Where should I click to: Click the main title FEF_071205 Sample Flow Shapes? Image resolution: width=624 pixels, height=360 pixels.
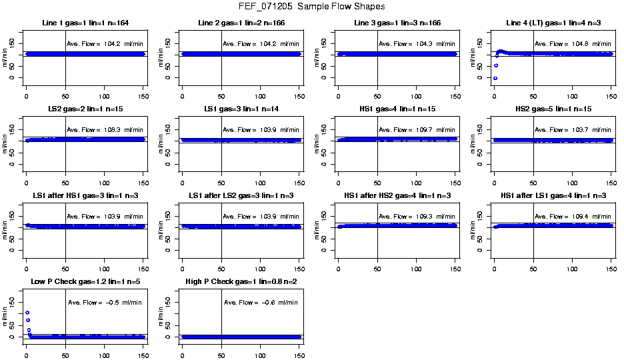pos(311,7)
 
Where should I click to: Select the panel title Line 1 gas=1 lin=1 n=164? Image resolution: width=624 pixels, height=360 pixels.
pos(85,23)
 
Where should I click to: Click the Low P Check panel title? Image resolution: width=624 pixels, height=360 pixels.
pos(85,282)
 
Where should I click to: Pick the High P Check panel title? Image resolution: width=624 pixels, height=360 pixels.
pos(241,282)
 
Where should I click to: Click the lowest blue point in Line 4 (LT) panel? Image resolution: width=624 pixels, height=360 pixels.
pos(495,78)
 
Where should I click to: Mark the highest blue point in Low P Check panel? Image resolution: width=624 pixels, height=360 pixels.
pos(27,313)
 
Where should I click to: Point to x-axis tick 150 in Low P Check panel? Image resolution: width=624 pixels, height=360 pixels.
pos(143,348)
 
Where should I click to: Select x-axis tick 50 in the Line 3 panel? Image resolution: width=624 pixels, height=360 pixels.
pos(377,89)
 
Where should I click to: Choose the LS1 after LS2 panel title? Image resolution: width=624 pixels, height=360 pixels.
pos(241,195)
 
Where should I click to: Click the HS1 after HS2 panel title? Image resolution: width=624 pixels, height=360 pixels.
pos(397,195)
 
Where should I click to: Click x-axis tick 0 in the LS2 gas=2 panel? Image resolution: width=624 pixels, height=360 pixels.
pos(26,175)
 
